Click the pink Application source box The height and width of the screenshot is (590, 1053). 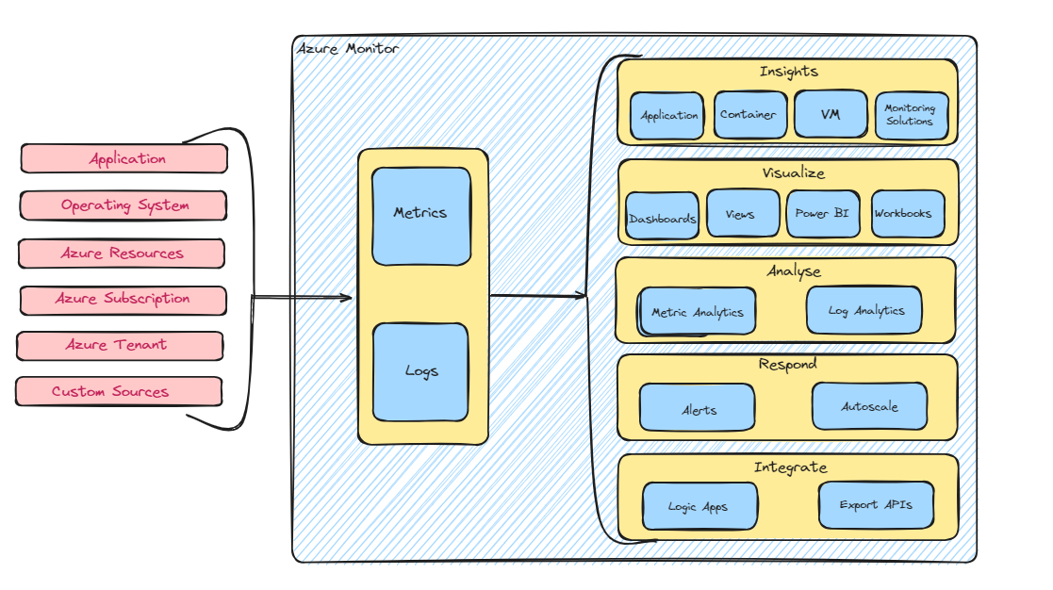click(x=124, y=158)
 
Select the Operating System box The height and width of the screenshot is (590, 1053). click(x=123, y=205)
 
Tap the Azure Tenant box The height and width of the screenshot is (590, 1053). click(x=120, y=345)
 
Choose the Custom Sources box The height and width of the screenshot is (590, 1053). click(x=119, y=391)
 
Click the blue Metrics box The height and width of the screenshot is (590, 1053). click(x=420, y=216)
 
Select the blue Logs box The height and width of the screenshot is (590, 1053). click(x=420, y=371)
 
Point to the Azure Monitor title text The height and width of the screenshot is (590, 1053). click(x=348, y=48)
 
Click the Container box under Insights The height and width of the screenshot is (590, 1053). click(x=748, y=115)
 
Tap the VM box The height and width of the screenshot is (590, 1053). click(x=830, y=115)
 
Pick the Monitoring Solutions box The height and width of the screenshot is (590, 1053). click(x=911, y=115)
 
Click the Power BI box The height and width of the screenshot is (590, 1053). click(x=822, y=214)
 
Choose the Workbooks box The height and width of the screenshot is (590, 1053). click(x=903, y=214)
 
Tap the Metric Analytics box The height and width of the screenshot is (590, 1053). click(x=698, y=312)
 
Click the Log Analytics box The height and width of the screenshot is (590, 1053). click(x=864, y=310)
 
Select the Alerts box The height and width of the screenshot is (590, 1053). click(x=698, y=408)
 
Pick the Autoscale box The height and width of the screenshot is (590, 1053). click(x=869, y=406)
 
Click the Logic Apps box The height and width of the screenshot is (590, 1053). click(x=699, y=507)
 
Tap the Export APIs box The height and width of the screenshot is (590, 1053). click(x=876, y=505)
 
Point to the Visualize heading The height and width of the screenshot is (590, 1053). click(x=793, y=173)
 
